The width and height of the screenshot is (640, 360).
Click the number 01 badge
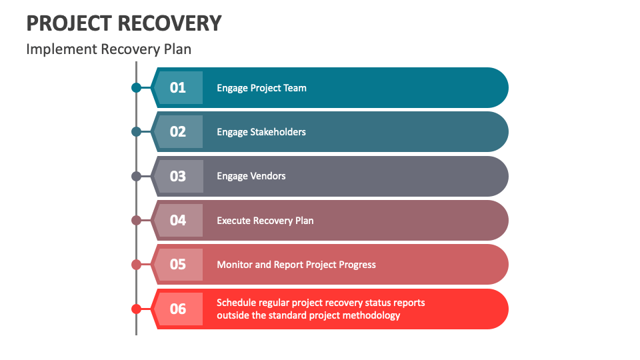click(177, 87)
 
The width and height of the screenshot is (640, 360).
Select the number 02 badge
click(177, 131)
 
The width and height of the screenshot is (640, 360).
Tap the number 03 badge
click(177, 176)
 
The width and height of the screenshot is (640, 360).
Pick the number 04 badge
click(177, 220)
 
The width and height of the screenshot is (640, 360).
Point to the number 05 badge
click(177, 264)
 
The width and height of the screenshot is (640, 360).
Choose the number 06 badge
click(177, 309)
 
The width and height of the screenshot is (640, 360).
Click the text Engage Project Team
click(261, 88)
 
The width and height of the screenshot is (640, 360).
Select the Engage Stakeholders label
click(261, 132)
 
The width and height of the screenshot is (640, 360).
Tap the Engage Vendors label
click(251, 176)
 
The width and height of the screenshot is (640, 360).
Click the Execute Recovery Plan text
click(265, 221)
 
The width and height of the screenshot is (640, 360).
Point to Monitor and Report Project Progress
click(296, 265)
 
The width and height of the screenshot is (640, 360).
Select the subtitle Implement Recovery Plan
click(109, 49)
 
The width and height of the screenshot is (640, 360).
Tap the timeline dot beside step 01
click(136, 87)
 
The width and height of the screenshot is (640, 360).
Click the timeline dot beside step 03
click(136, 176)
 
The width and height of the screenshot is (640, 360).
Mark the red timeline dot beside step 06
click(136, 309)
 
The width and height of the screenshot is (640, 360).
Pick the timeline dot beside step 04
click(136, 220)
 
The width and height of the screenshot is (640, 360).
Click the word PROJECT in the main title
click(68, 23)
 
